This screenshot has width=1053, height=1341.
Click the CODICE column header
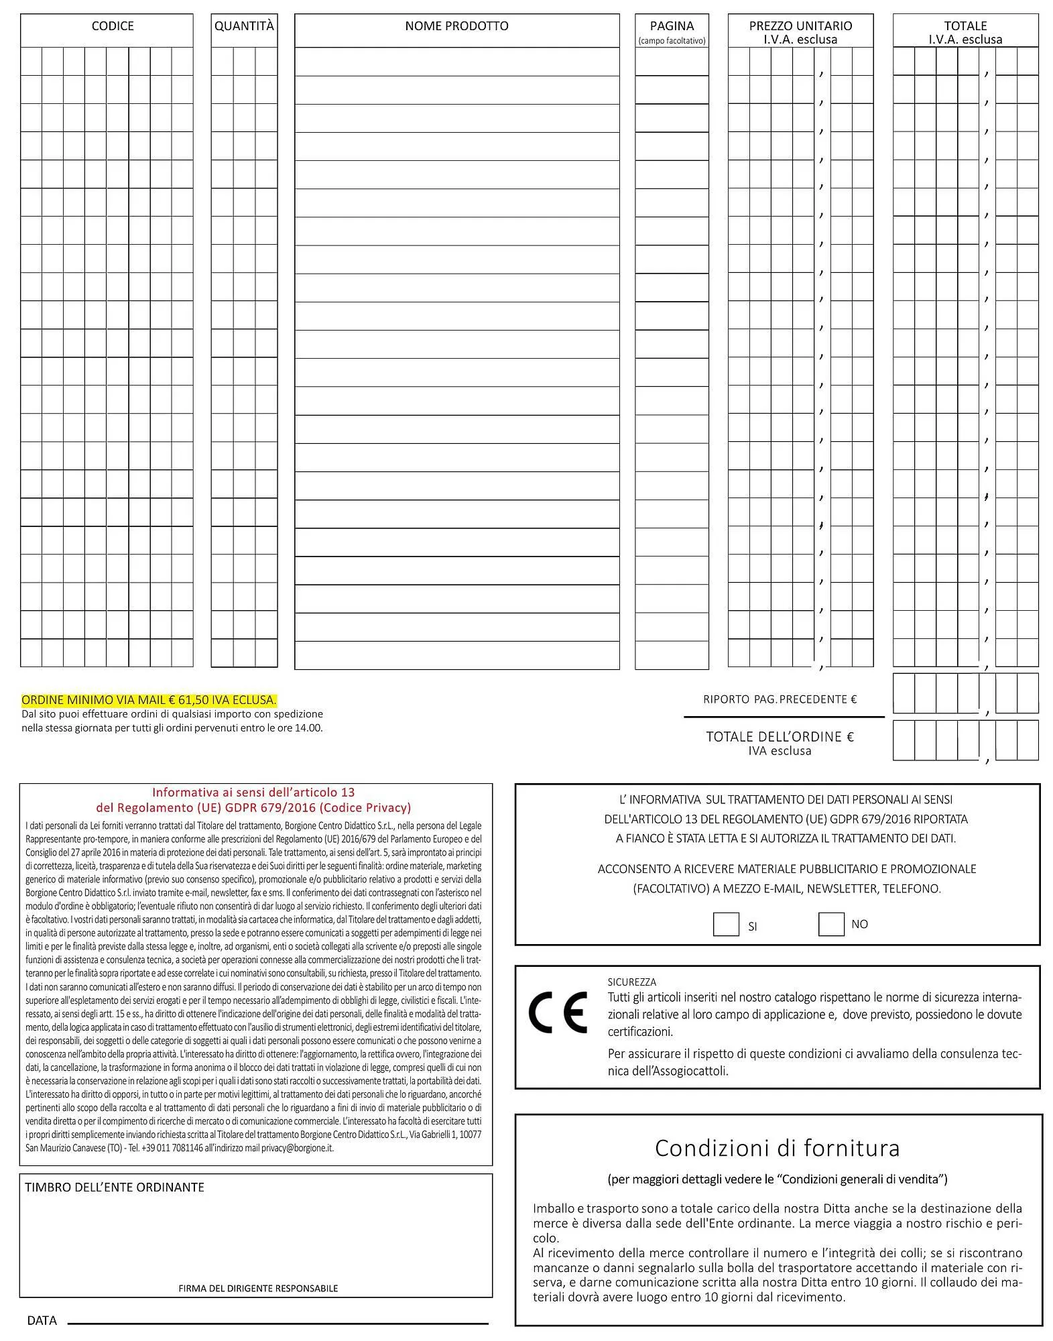coord(113,26)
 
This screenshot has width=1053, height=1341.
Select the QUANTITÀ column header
coord(244,26)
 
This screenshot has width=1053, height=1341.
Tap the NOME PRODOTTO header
coord(456,26)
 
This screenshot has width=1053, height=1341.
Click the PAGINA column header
coord(672,26)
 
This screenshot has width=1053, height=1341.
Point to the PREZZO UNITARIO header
coord(800,26)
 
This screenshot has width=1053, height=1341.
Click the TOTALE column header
coord(965,26)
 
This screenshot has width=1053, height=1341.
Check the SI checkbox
coord(726,925)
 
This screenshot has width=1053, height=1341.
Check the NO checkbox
coord(830,925)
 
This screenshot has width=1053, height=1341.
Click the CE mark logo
coord(558,1013)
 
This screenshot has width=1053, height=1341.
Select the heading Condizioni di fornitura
coord(777,1149)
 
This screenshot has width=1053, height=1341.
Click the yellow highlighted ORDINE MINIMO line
coord(149,700)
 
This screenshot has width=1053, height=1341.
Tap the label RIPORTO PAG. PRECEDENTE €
coord(780,699)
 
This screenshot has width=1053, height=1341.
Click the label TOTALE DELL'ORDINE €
coord(780,737)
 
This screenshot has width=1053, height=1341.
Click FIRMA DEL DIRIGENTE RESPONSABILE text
coord(258,1288)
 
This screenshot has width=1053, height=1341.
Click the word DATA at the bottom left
coord(42,1320)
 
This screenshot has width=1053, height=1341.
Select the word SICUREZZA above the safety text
coord(631,982)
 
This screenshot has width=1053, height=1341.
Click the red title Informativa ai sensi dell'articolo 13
coord(253,793)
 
